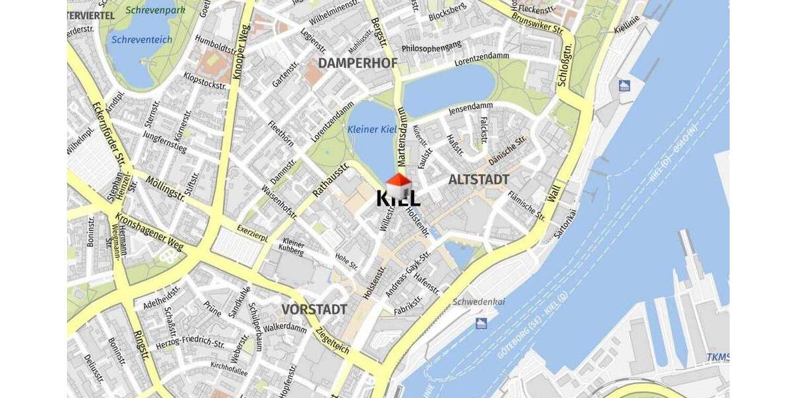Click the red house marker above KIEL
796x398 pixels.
coord(399,183)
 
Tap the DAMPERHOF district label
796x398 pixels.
coord(358,63)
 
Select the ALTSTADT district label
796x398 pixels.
coord(478,180)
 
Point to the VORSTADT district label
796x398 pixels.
coord(314,310)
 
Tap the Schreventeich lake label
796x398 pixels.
coord(142,40)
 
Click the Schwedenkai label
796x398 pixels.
coord(478,302)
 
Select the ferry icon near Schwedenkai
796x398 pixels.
coord(481,323)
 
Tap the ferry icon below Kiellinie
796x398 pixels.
coord(624,86)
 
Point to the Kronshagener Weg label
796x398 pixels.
coord(149,233)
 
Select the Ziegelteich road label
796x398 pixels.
coord(332,340)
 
